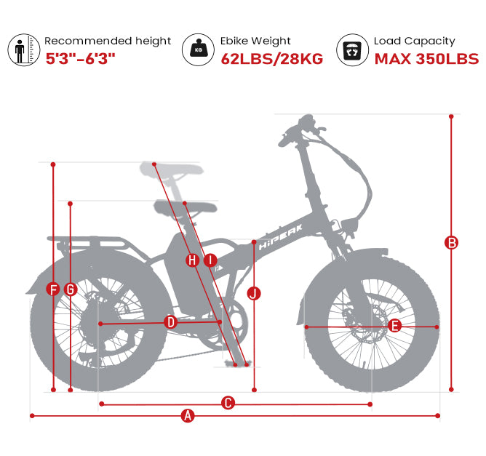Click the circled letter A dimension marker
[188, 415]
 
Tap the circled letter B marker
[451, 243]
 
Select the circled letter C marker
[228, 403]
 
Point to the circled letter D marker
[170, 322]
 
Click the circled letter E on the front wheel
[394, 326]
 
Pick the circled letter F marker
[53, 289]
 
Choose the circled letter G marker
[71, 289]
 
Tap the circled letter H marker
[192, 260]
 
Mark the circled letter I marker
[210, 260]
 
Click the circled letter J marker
[254, 293]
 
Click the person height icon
[23, 49]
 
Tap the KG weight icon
[198, 49]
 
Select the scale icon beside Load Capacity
[352, 49]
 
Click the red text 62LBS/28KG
[272, 59]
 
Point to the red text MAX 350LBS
[426, 59]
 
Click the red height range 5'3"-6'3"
[80, 59]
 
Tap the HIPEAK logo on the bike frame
[281, 237]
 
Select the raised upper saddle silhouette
[172, 169]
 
